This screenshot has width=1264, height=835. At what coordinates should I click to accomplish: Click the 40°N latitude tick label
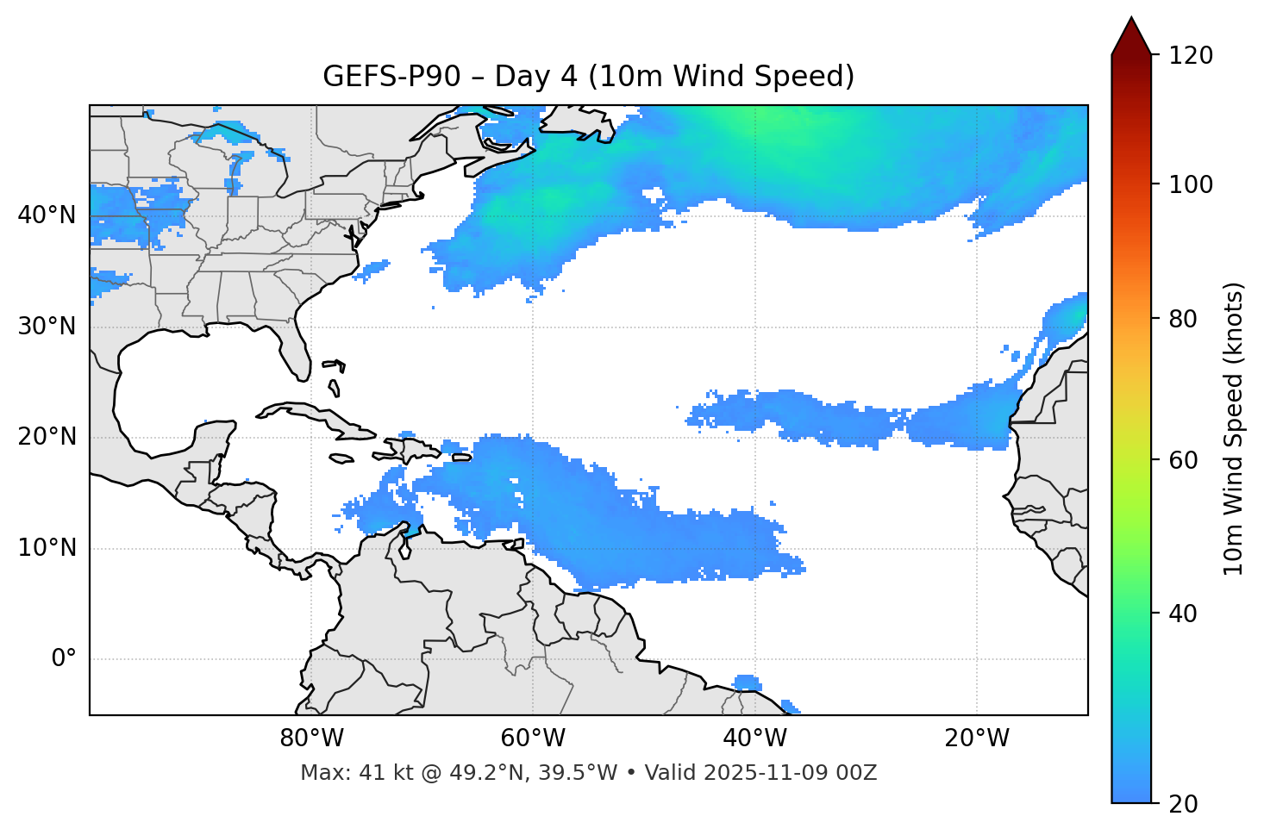[47, 215]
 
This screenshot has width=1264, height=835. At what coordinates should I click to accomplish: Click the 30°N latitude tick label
[47, 327]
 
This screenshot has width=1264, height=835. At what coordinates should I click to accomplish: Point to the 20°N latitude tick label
[47, 437]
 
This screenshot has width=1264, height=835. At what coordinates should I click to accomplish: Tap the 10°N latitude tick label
[47, 548]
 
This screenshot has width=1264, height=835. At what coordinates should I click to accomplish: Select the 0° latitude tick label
[64, 659]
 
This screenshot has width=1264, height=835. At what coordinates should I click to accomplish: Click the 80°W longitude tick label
[311, 738]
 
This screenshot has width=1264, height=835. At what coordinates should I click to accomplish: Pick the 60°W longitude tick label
[533, 738]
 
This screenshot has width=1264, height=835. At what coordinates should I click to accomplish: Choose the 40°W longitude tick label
[754, 738]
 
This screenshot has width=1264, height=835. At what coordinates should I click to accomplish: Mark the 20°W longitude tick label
[977, 738]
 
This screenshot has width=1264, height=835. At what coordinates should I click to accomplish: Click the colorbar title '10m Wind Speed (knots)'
[1234, 428]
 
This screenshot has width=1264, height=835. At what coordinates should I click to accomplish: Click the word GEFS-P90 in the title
[380, 77]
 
